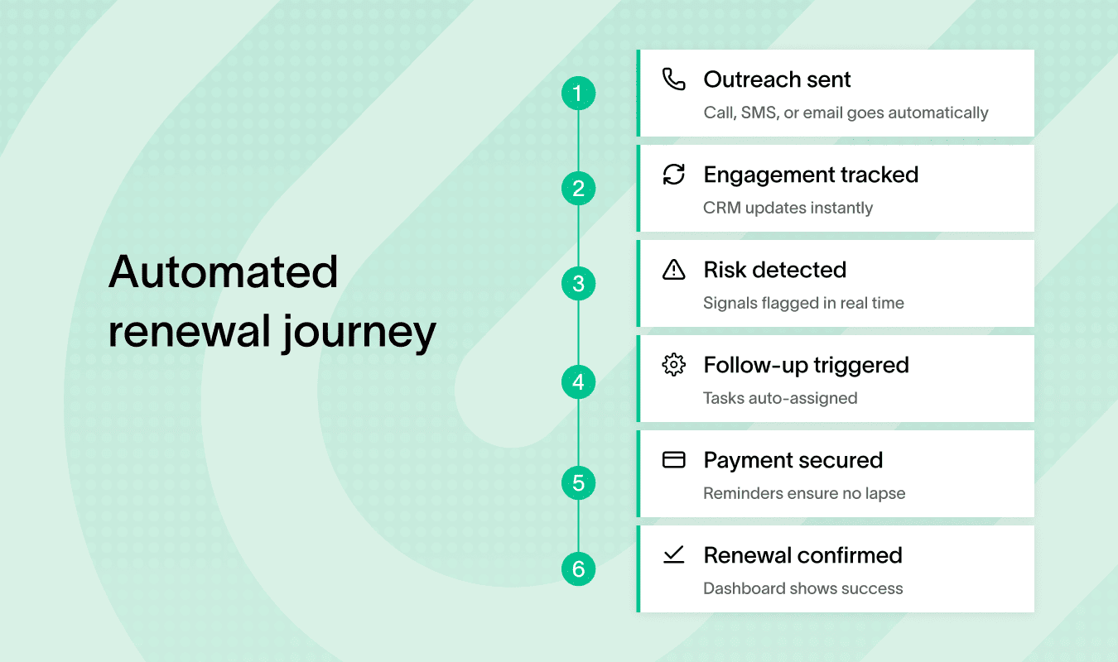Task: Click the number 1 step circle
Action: tap(578, 93)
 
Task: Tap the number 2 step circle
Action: tap(578, 188)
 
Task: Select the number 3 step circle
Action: tap(578, 284)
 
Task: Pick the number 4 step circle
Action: tap(578, 382)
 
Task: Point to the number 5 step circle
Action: tap(578, 482)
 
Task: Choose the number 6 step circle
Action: tap(578, 569)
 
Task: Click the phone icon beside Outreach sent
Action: tap(674, 79)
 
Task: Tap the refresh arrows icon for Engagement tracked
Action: tap(674, 175)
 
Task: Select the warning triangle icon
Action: tap(674, 270)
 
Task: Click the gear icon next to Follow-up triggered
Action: tap(674, 365)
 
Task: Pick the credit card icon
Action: tap(674, 460)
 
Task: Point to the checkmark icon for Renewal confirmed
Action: tap(674, 555)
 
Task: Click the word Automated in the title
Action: tap(224, 271)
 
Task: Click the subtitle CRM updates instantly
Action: tap(788, 208)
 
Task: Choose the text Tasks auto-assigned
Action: tap(780, 398)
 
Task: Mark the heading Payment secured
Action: tap(793, 460)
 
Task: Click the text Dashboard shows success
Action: tap(802, 588)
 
